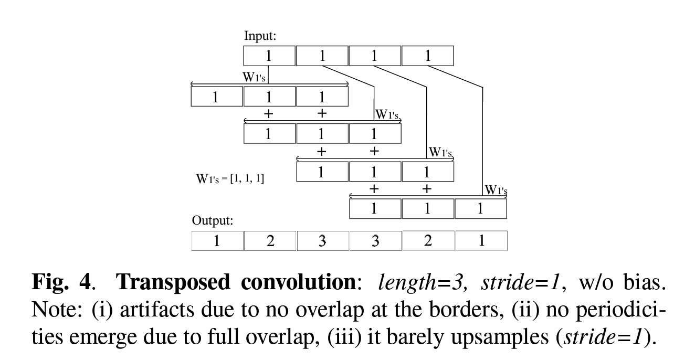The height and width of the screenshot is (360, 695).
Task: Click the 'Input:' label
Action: [x=260, y=36]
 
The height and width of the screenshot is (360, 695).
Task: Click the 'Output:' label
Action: [x=212, y=221]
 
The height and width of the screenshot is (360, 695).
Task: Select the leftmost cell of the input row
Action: [x=269, y=56]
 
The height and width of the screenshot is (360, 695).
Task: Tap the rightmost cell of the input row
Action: [x=427, y=56]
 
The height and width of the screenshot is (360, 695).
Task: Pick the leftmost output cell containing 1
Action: [x=217, y=241]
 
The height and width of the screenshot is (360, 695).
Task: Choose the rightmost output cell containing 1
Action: [x=481, y=241]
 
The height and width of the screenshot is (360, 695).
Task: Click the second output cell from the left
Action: [x=270, y=241]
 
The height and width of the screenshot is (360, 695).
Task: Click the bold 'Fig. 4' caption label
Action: [x=62, y=283]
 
